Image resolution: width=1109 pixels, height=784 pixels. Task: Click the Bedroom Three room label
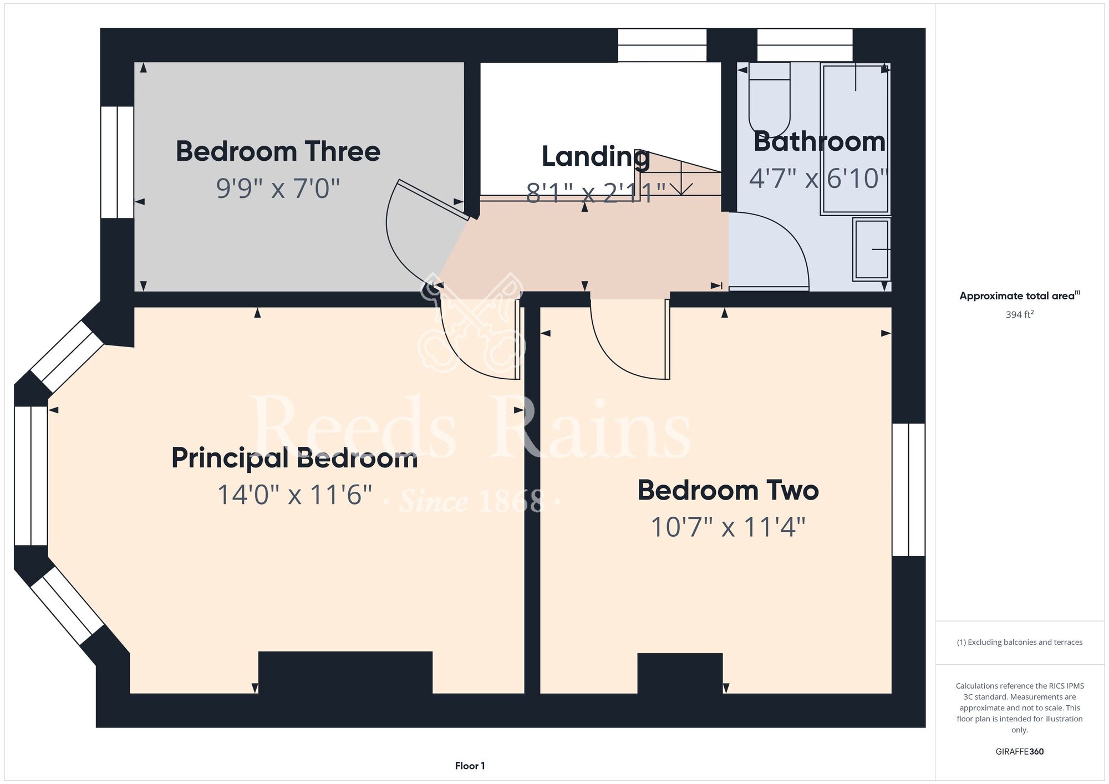click(x=278, y=151)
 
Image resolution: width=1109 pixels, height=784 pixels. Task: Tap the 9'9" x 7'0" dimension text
click(x=278, y=188)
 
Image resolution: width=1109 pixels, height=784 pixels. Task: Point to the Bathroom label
click(x=819, y=141)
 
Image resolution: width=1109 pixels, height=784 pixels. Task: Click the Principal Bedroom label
click(x=294, y=459)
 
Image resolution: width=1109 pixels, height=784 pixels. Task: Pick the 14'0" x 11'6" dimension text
click(x=294, y=495)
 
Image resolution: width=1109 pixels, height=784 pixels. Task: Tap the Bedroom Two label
click(x=728, y=490)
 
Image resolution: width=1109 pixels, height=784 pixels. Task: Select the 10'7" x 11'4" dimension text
click(x=728, y=527)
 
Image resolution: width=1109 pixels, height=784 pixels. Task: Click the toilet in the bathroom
click(x=770, y=100)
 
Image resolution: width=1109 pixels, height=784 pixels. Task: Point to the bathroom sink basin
click(x=872, y=250)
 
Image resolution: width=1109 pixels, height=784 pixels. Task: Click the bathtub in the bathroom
click(x=856, y=139)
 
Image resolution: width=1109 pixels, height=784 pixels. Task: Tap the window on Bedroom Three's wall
click(x=117, y=162)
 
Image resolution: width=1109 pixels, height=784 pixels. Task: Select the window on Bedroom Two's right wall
click(x=908, y=490)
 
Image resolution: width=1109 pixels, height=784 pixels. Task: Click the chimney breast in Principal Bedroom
click(x=345, y=673)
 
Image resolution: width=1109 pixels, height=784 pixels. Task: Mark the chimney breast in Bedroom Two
click(x=680, y=674)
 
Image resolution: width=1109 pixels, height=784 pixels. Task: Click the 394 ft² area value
click(x=1020, y=314)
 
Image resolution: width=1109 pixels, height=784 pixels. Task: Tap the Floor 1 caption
click(x=470, y=766)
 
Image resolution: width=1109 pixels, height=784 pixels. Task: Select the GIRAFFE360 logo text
click(x=1020, y=752)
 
